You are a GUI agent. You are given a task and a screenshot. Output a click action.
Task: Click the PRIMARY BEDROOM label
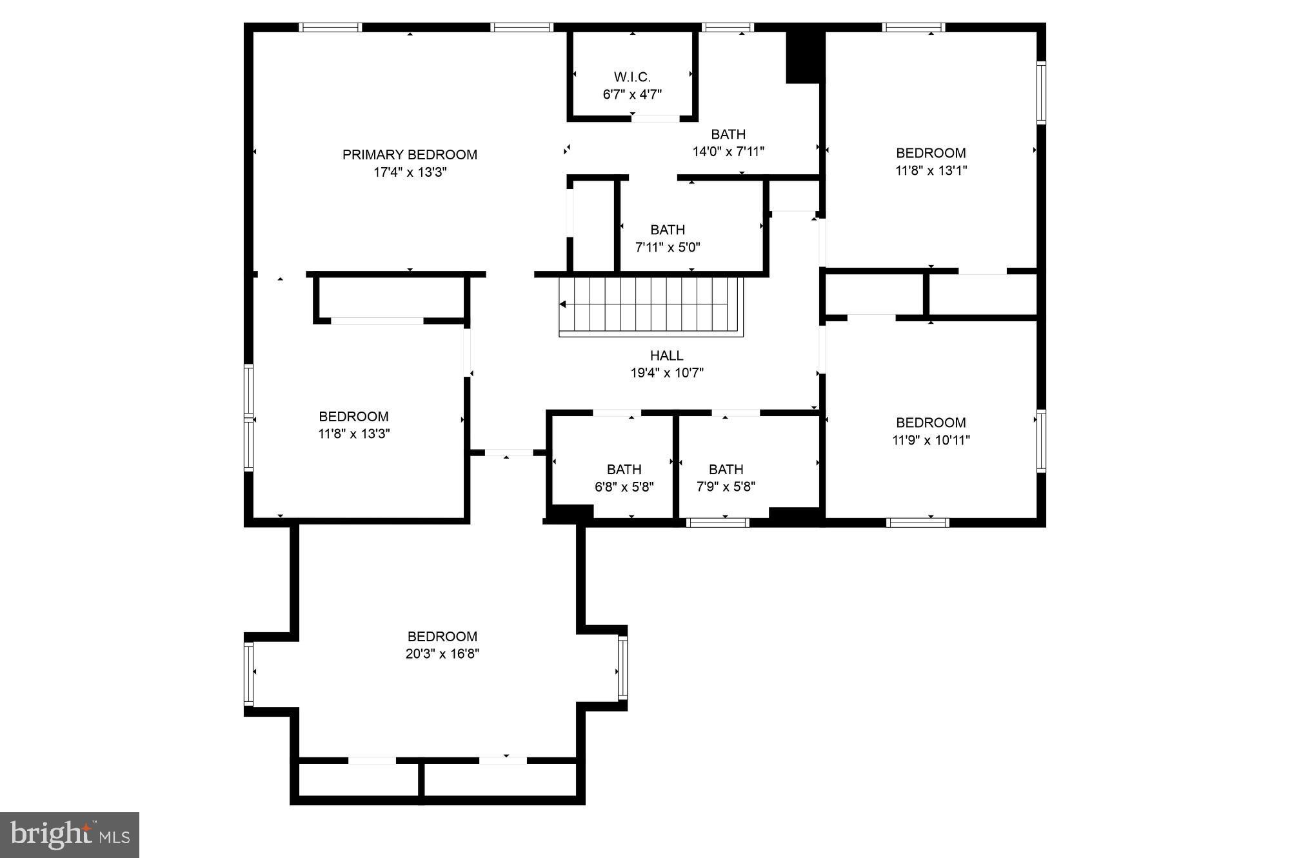410,155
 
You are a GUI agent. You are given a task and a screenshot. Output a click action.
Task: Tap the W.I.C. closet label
632,77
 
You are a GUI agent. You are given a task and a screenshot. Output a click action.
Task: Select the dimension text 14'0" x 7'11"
728,152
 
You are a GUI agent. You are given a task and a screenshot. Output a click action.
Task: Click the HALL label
666,355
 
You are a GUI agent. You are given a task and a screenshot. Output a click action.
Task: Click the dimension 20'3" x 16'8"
442,653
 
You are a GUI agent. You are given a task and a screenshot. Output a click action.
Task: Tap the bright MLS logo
70,835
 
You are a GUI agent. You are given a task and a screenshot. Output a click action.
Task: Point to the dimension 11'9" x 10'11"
931,440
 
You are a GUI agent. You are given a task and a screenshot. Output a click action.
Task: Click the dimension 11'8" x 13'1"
931,170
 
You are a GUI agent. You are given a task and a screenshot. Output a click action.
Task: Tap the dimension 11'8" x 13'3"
353,434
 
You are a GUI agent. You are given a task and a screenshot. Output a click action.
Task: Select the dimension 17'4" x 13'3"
410,172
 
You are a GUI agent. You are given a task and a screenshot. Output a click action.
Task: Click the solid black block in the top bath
804,57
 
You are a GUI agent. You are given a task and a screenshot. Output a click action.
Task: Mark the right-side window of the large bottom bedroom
622,668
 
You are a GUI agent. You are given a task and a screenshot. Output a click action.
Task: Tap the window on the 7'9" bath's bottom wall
717,522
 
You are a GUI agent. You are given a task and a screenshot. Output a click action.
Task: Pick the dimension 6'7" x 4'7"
632,95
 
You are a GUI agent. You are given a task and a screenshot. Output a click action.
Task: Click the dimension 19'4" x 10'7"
666,373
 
